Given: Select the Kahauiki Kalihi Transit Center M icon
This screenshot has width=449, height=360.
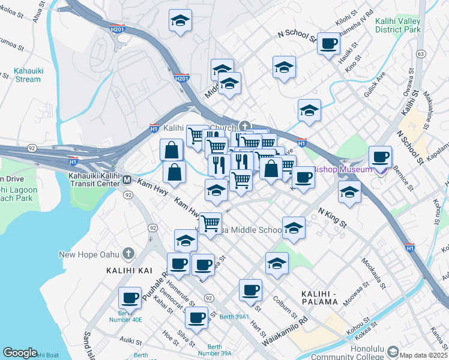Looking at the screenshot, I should pyautogui.click(x=127, y=179).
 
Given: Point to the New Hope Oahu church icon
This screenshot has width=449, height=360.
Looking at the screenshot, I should pyautogui.click(x=127, y=254).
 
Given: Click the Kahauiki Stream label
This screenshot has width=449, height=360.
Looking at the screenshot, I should pyautogui.click(x=28, y=74).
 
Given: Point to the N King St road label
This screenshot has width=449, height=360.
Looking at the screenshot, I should pyautogui.click(x=333, y=217).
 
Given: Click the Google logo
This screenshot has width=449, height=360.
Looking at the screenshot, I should pyautogui.click(x=20, y=353).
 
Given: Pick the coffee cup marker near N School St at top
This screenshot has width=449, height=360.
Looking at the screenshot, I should pyautogui.click(x=328, y=43).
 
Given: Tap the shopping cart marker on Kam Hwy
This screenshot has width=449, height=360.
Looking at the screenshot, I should pyautogui.click(x=209, y=223).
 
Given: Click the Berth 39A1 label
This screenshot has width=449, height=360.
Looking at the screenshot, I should pyautogui.click(x=234, y=316).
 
